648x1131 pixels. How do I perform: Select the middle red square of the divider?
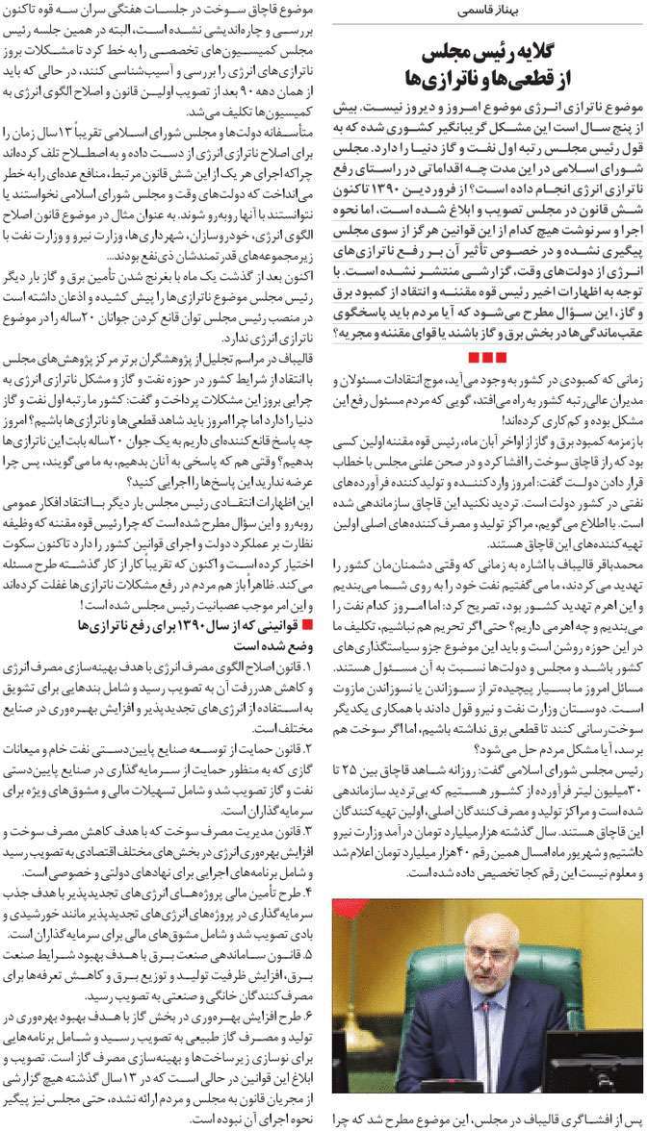tap(486, 357)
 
